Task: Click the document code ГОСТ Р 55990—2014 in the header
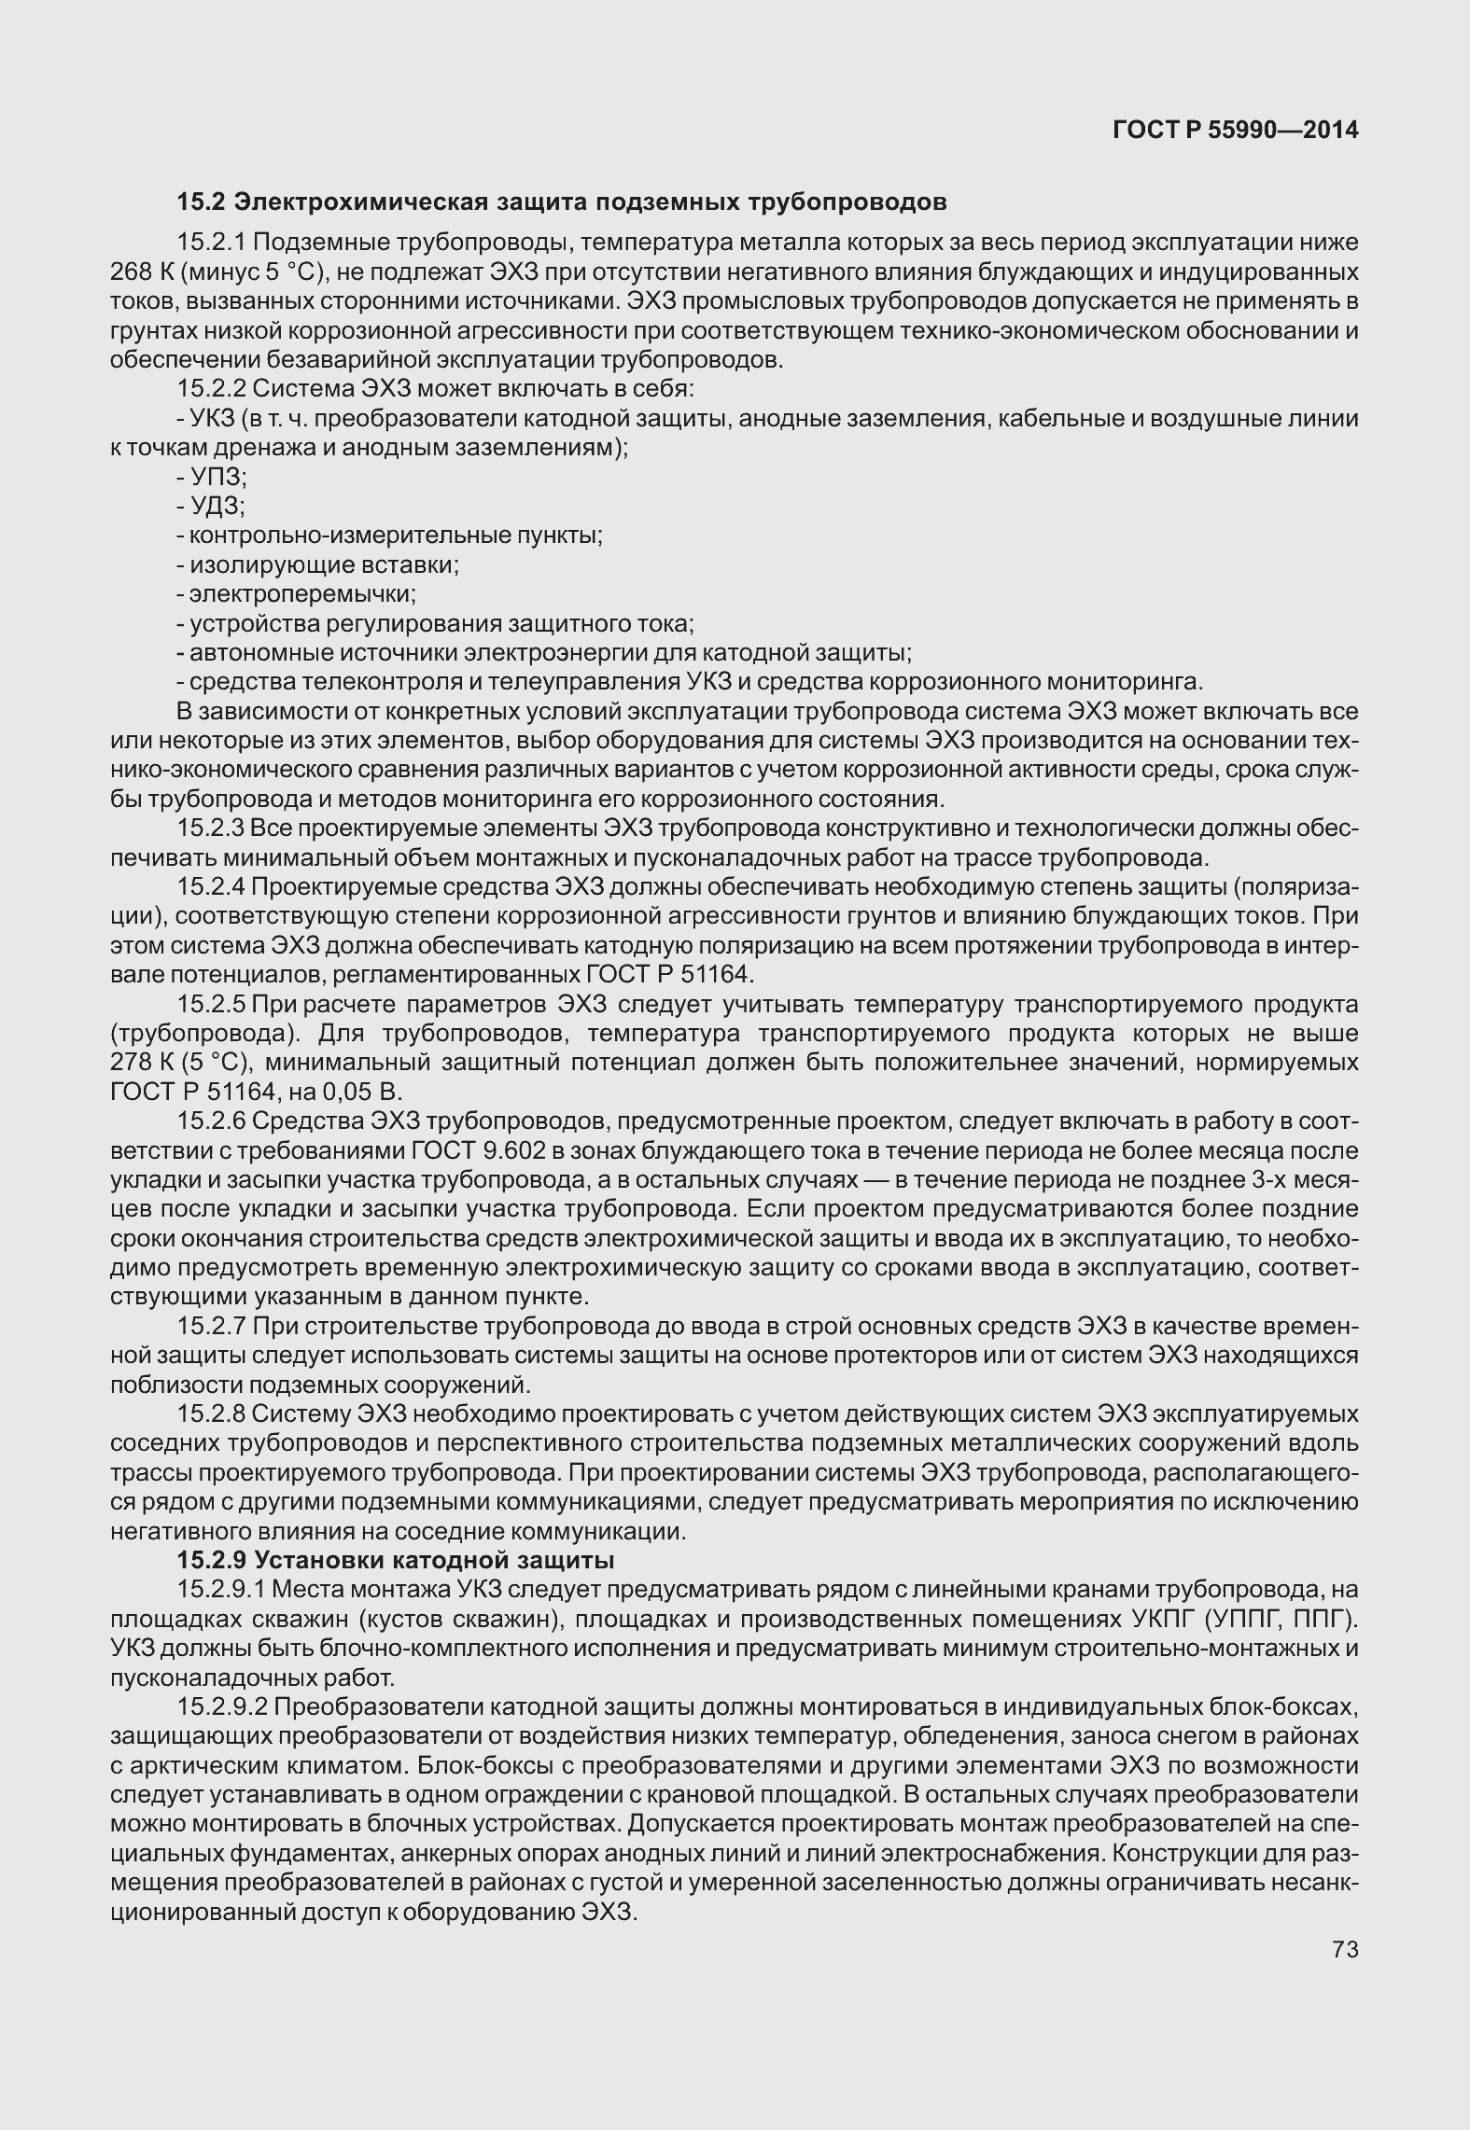[x=1236, y=131]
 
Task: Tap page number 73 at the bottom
[x=1345, y=1949]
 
